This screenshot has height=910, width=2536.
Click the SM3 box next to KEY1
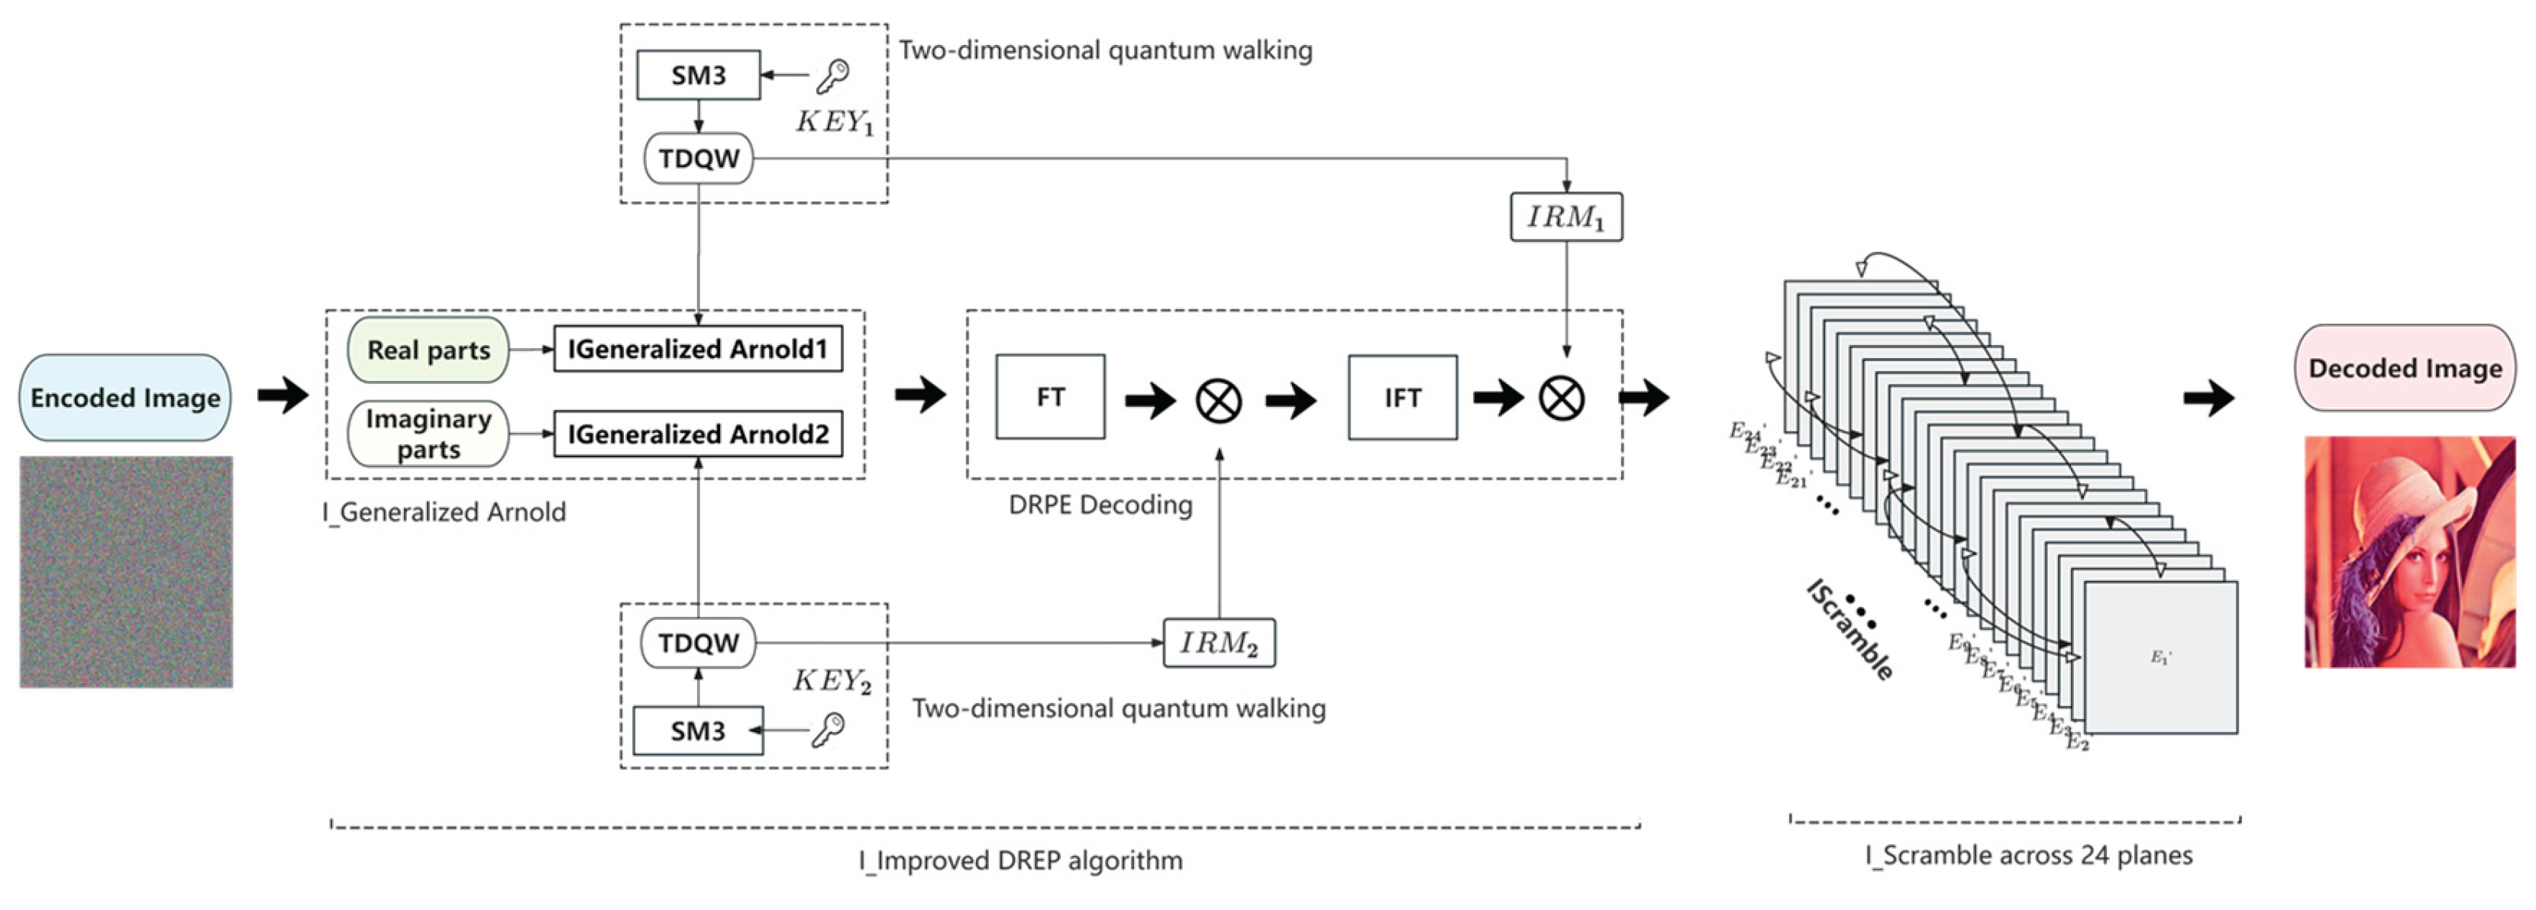tap(698, 75)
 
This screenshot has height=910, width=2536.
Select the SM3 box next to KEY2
tap(697, 730)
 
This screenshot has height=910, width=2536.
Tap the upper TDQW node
tap(698, 158)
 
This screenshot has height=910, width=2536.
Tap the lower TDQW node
tap(698, 642)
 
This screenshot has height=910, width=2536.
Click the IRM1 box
tap(1565, 217)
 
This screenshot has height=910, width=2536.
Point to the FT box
tap(1049, 396)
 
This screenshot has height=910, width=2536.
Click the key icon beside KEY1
tap(833, 75)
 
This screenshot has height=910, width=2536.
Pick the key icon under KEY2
tap(827, 730)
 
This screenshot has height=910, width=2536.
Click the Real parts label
tap(428, 349)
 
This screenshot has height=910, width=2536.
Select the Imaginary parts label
tap(428, 433)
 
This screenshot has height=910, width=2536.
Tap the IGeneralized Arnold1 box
tap(697, 349)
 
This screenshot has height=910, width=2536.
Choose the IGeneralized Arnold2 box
tap(697, 434)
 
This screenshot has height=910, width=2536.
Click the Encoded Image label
tap(125, 398)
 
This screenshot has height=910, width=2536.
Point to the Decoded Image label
tap(2404, 368)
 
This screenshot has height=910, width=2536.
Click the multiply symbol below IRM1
tap(1562, 399)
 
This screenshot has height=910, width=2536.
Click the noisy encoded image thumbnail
tap(126, 572)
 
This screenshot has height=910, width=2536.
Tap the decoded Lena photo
tap(2409, 552)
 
